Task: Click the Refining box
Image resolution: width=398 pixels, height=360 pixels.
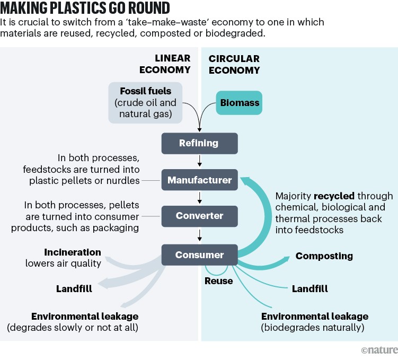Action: point(199,143)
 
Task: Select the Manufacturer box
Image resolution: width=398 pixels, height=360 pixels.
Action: point(199,180)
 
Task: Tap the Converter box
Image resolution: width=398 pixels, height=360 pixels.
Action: point(199,216)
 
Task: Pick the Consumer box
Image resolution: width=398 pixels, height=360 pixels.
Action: point(199,255)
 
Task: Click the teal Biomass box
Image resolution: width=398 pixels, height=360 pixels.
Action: point(240,102)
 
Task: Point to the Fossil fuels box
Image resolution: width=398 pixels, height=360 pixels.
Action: point(145,102)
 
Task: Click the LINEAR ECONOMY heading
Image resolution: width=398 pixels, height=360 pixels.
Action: point(165,64)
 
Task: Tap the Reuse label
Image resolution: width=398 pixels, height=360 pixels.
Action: point(218,281)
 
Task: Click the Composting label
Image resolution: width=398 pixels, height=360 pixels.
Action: point(324,256)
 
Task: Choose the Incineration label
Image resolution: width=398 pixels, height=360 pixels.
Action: point(73,252)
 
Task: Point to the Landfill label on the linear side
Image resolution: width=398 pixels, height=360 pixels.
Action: point(74,289)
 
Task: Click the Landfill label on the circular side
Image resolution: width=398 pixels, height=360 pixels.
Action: point(309,289)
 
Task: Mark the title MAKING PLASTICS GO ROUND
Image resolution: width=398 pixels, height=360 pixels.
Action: point(85,8)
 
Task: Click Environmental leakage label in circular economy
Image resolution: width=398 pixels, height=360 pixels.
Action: point(314,317)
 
